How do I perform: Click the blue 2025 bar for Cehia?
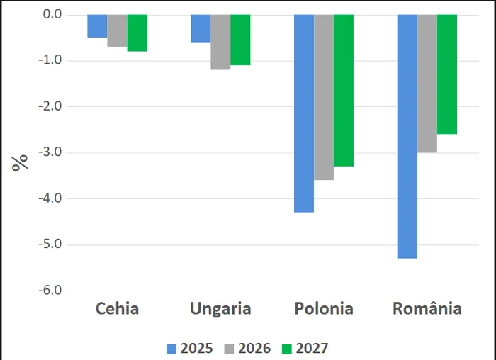[x=97, y=26]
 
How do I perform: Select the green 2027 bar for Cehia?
[x=137, y=33]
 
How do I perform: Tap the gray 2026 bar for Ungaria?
[x=220, y=42]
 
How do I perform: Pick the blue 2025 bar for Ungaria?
[x=201, y=28]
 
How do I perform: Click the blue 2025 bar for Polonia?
[x=304, y=113]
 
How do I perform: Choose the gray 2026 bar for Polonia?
[x=324, y=97]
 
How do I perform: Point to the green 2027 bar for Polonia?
[x=344, y=90]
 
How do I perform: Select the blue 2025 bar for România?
[x=407, y=136]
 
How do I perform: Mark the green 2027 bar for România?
[x=447, y=74]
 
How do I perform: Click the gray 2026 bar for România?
[x=427, y=84]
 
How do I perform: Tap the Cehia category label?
[x=117, y=309]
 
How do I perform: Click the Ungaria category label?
[x=220, y=309]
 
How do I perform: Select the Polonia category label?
[x=323, y=309]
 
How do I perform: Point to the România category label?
[x=427, y=309]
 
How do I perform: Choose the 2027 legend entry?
[x=304, y=348]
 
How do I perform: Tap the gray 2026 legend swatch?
[x=230, y=348]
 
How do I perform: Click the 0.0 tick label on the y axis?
[x=50, y=15]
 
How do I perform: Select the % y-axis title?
[x=21, y=161]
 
